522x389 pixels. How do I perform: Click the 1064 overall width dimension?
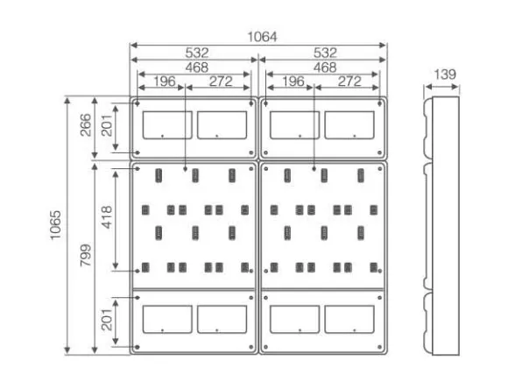tap(262, 37)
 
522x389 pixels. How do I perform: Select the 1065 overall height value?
tap(56, 225)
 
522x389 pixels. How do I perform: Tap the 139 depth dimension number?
tap(445, 74)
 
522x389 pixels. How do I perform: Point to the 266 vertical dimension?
tap(86, 125)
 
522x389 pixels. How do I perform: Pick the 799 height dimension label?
tap(86, 255)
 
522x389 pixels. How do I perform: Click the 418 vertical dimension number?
tap(107, 217)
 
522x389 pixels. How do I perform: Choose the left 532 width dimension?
tap(197, 53)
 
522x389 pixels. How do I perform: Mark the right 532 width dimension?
tap(325, 53)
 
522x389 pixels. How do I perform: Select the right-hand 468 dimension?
tap(325, 67)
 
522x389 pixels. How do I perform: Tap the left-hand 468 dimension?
tap(197, 67)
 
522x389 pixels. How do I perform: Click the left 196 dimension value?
tap(165, 81)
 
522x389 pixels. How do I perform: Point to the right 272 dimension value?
tap(349, 81)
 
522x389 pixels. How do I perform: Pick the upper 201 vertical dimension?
tap(107, 125)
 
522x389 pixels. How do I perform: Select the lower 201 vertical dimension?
tap(107, 320)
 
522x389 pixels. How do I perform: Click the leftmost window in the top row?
tap(167, 125)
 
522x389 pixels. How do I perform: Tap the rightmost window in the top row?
tap(349, 125)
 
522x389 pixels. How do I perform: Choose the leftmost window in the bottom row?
tap(167, 320)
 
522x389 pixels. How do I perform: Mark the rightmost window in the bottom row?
tap(349, 320)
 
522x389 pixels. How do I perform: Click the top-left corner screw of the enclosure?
tap(138, 103)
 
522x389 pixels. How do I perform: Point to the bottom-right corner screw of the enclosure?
tap(380, 347)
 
